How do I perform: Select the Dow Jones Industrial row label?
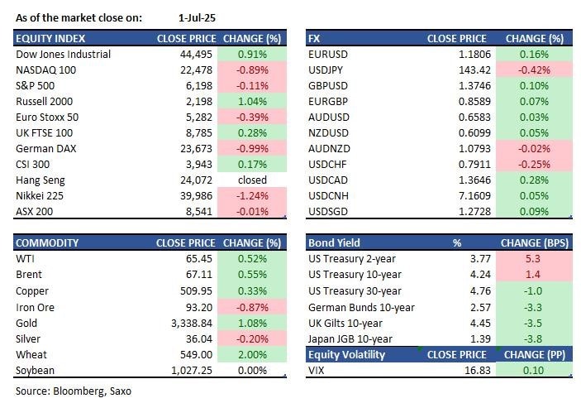(x=63, y=55)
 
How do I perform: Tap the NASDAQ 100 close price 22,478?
(x=198, y=70)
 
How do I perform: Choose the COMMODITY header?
(x=48, y=243)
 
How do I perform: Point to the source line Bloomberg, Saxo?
(x=73, y=390)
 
